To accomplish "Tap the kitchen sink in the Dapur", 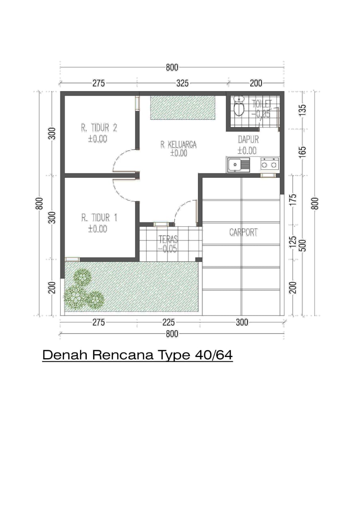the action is click(x=238, y=165).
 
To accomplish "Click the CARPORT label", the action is click(x=243, y=232).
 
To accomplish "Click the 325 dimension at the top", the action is click(x=182, y=83).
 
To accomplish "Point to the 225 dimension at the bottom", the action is click(x=168, y=322).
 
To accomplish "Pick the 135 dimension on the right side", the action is click(x=303, y=110).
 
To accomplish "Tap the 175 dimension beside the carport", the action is click(x=293, y=200).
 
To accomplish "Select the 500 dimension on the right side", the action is click(x=303, y=245).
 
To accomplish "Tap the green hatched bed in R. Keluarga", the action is click(x=182, y=108).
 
